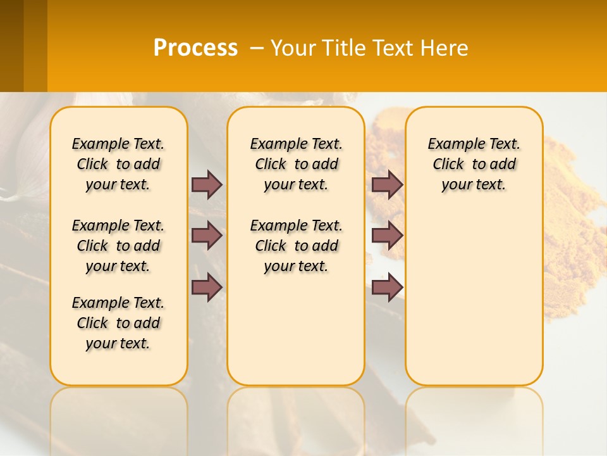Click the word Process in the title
click(x=195, y=48)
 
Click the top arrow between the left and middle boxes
click(x=207, y=184)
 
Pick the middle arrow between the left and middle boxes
click(x=207, y=236)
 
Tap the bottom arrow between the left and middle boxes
click(x=207, y=288)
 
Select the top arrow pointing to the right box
click(x=387, y=184)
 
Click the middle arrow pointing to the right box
click(x=387, y=236)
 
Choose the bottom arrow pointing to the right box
click(x=387, y=288)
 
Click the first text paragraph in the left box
click(x=118, y=164)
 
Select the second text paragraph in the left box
click(x=118, y=246)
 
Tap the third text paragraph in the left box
click(x=118, y=323)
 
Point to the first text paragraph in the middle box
click(x=296, y=164)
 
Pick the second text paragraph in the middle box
click(x=296, y=246)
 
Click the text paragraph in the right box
click(x=474, y=164)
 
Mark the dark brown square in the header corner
click(x=11, y=46)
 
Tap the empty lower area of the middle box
click(x=296, y=329)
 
